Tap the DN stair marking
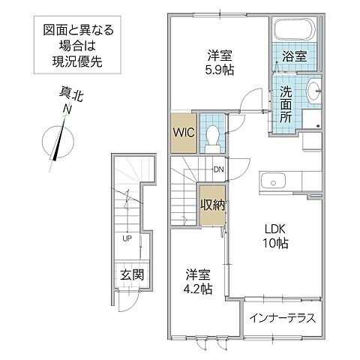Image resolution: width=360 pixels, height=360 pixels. [219, 169]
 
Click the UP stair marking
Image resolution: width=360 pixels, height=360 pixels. [127, 239]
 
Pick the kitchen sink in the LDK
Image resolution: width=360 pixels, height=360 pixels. [272, 181]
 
